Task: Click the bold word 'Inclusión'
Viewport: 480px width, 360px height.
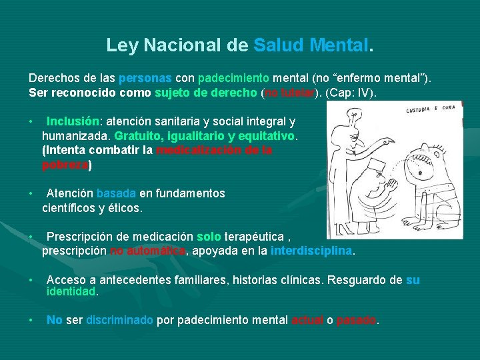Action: [x=72, y=122]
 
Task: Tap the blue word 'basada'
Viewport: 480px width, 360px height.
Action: [x=116, y=193]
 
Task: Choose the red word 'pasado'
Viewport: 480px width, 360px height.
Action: [x=357, y=320]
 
